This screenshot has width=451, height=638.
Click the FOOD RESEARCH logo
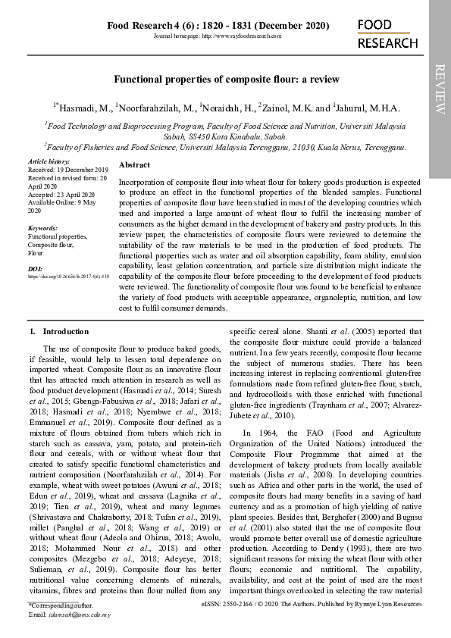pyautogui.click(x=387, y=35)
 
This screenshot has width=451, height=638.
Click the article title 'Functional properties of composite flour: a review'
pyautogui.click(x=227, y=79)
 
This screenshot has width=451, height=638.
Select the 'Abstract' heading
pyautogui.click(x=135, y=164)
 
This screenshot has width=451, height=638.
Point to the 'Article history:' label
pyautogui.click(x=49, y=162)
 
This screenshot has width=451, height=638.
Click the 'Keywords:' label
pyautogui.click(x=42, y=228)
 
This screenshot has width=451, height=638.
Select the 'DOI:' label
pyautogui.click(x=35, y=269)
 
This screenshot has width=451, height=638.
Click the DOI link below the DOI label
pyautogui.click(x=68, y=277)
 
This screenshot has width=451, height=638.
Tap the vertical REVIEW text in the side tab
pyautogui.click(x=440, y=89)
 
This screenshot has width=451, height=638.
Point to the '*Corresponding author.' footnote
pyautogui.click(x=61, y=606)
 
